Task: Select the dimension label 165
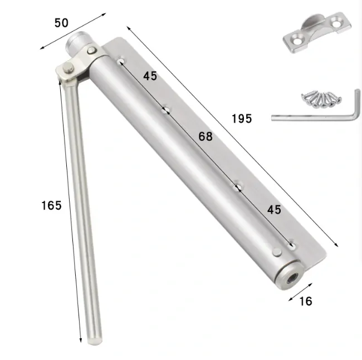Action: tap(51, 205)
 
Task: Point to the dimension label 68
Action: tap(206, 136)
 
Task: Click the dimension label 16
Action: tap(305, 302)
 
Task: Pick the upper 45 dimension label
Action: tap(150, 76)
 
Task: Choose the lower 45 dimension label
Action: tap(274, 210)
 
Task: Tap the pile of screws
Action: tap(320, 98)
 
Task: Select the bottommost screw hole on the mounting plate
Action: tap(291, 244)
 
